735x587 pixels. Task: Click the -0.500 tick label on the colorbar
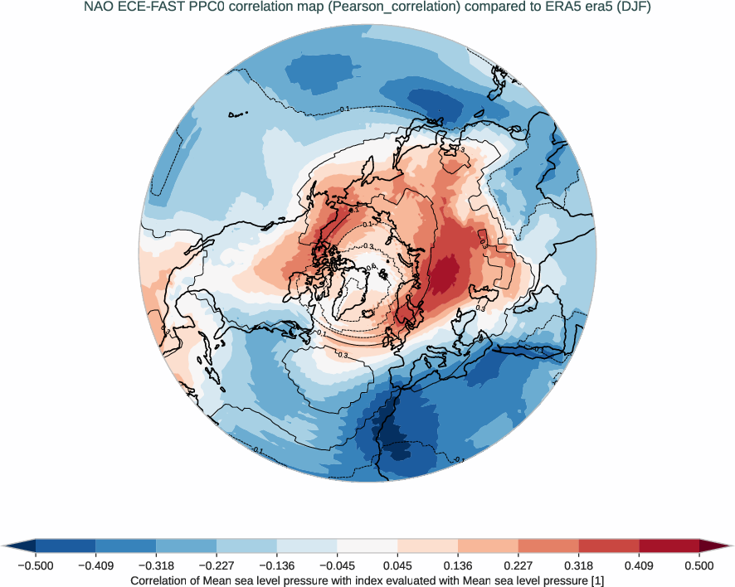pos(36,565)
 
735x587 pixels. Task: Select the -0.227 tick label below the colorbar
pos(217,565)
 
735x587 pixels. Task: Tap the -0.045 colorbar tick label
pos(337,565)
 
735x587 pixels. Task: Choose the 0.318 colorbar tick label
pos(579,565)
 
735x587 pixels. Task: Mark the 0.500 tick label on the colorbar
pos(699,565)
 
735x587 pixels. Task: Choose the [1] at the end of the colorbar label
pos(596,581)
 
